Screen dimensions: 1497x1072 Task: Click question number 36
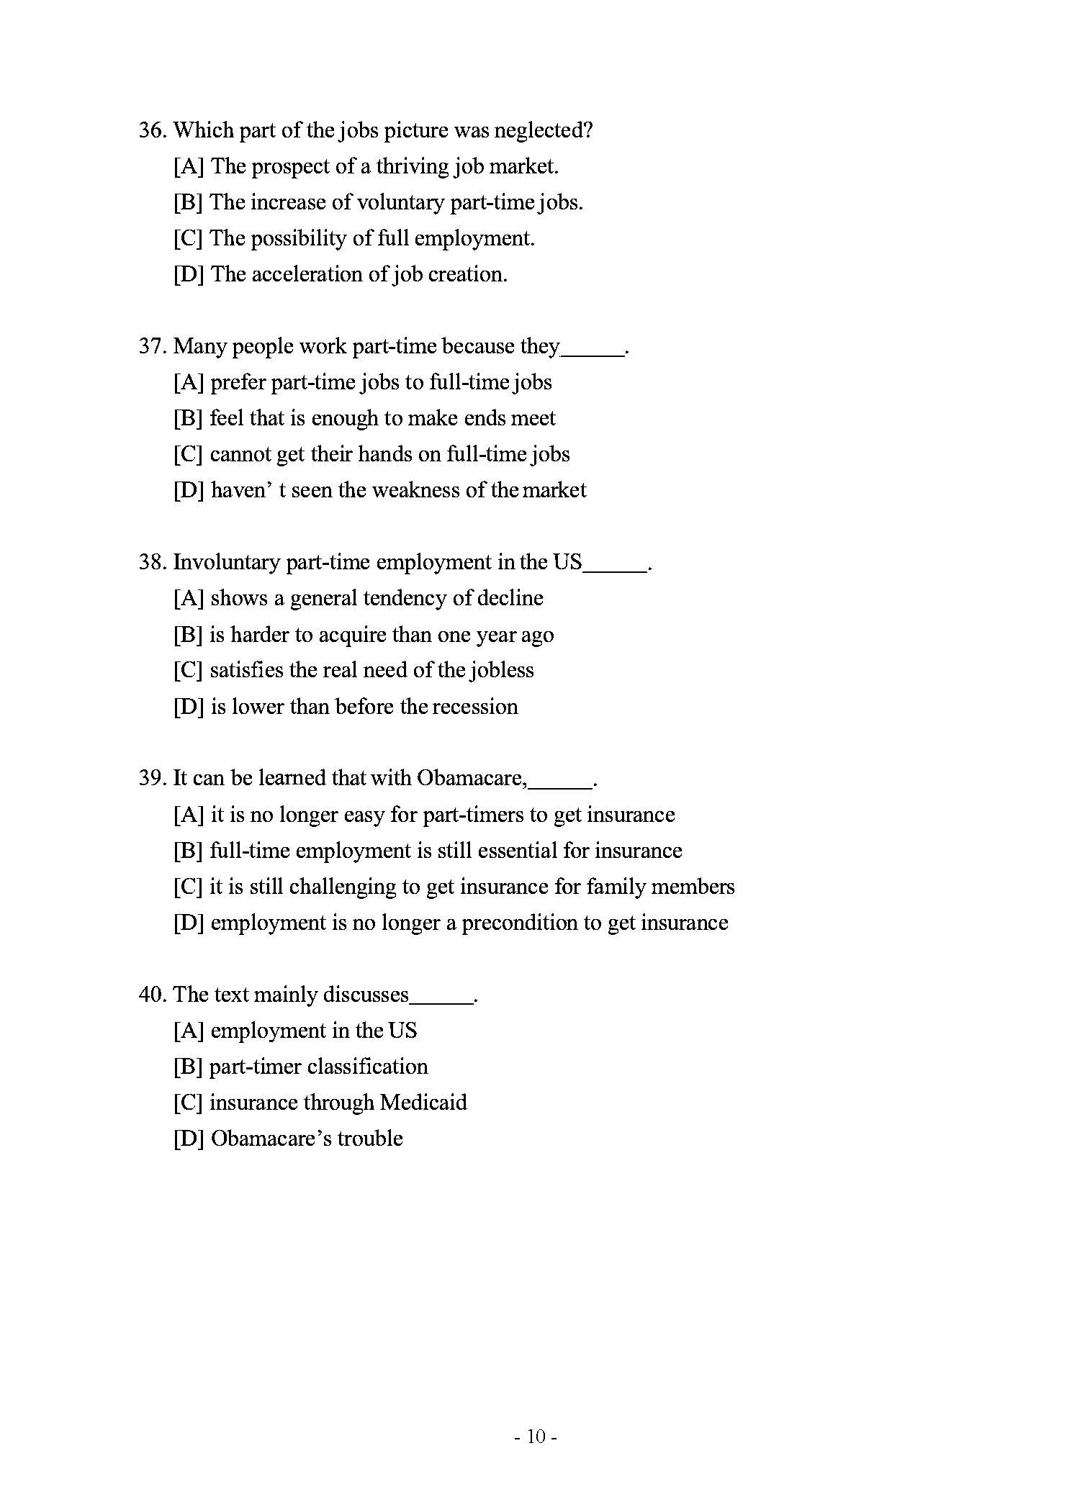point(152,131)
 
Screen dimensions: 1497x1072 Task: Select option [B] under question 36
point(188,203)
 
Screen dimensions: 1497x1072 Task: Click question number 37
point(152,347)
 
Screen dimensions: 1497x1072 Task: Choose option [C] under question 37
point(188,455)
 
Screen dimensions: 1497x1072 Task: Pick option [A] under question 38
point(188,599)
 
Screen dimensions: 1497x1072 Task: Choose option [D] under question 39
point(188,923)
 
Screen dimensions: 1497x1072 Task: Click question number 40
point(152,995)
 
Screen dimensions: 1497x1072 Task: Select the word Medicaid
point(423,1103)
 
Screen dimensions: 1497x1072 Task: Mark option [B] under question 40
point(188,1067)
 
